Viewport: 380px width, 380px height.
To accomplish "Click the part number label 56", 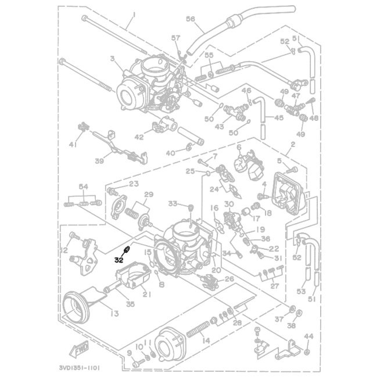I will (x=190, y=19).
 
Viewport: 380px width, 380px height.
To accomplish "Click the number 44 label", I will (x=309, y=336).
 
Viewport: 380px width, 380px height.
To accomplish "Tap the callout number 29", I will (x=148, y=194).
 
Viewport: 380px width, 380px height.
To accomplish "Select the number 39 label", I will (x=99, y=161).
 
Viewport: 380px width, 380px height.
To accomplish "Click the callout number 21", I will (x=146, y=295).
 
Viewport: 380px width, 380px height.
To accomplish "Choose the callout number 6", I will (x=238, y=148).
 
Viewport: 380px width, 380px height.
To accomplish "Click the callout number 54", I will (x=84, y=186).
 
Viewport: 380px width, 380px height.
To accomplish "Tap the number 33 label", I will (x=173, y=203).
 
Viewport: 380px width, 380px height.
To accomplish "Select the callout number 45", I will (x=278, y=118).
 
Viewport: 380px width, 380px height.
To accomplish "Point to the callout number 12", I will (x=63, y=251).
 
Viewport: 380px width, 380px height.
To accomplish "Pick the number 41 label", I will (x=73, y=144).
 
